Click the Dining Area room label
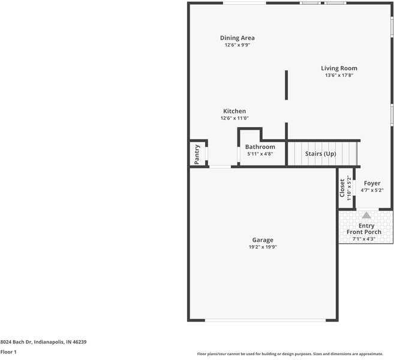point(237,38)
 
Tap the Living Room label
point(339,68)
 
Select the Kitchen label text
point(234,111)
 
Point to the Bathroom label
point(260,147)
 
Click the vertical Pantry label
point(197,154)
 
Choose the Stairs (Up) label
point(320,154)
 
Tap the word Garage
point(262,239)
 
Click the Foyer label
point(372,183)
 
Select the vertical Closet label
point(342,188)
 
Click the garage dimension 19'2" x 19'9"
point(262,247)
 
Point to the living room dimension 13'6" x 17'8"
point(339,76)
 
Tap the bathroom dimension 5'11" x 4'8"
point(260,154)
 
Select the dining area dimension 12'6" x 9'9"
point(237,45)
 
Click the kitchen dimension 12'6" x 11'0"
point(234,118)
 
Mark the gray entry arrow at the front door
point(366,215)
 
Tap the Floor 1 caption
point(8,352)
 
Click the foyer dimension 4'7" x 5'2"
point(372,190)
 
